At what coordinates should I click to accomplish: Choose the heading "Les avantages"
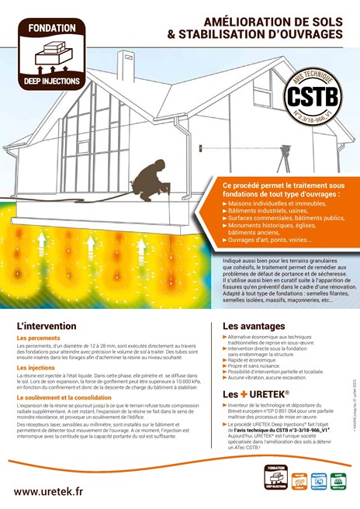coord(254,326)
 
